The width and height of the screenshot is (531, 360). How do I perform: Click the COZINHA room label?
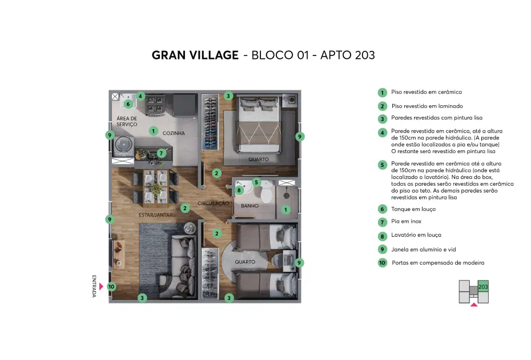pos(174,133)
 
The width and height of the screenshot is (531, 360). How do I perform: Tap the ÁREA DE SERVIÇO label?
pos(127,121)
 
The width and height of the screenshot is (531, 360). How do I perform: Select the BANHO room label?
pos(250,206)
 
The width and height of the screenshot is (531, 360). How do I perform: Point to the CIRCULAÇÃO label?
pos(214,203)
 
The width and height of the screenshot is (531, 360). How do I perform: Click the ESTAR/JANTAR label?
pos(156,215)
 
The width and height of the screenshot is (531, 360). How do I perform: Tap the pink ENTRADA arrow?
pos(101,286)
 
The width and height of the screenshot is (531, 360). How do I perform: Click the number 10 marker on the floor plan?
pos(111,287)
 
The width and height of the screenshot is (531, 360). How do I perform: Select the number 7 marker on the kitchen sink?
pos(161,153)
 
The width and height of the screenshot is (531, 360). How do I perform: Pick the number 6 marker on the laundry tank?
pos(128,104)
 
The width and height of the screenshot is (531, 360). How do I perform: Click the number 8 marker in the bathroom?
pos(239,190)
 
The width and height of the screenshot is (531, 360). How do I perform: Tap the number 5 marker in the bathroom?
pos(256,182)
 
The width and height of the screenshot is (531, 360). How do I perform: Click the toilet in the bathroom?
pos(267,192)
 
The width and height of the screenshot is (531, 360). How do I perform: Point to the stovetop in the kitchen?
pos(155,105)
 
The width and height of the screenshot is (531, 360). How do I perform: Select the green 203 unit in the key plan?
pos(483,286)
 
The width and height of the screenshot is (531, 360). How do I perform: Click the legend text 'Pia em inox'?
pos(406,221)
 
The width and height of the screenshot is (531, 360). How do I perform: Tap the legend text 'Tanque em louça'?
pos(413,209)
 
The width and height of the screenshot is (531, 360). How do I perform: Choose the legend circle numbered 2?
pos(383,106)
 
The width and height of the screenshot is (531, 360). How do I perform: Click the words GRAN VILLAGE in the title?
pos(195,55)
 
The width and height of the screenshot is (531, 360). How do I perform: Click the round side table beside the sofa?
pos(190,228)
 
